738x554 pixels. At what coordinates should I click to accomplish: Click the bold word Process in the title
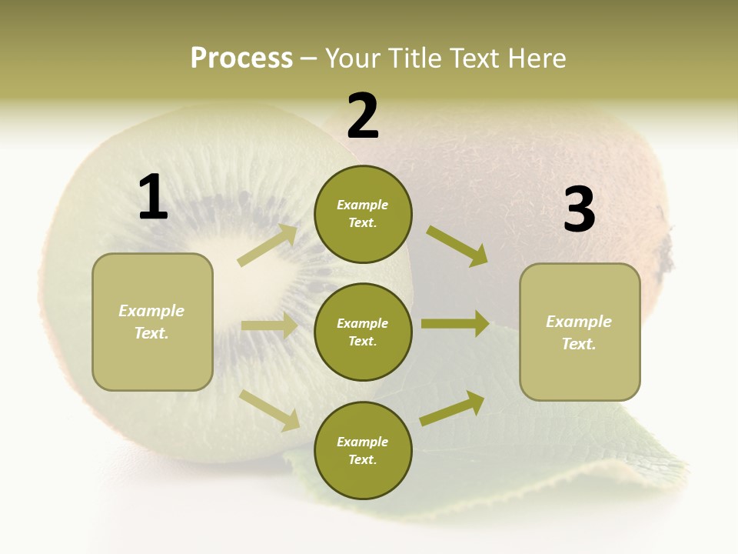point(241,58)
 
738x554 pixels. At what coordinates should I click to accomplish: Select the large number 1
point(153,198)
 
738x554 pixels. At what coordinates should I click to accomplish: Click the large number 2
point(363,116)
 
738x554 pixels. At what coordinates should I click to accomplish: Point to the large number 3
point(579,209)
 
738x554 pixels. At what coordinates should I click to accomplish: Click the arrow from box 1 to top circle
point(268,245)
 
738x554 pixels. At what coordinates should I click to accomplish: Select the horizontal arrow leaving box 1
point(269,325)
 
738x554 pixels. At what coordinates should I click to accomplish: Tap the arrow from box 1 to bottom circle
point(270,409)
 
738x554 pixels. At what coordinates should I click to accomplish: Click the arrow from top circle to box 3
point(457,246)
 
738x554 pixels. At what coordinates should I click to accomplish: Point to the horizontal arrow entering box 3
point(455,324)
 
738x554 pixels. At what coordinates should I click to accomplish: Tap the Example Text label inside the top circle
point(363,214)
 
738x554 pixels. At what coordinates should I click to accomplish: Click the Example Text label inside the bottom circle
point(363,450)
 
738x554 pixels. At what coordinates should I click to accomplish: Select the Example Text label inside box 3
point(579,332)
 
